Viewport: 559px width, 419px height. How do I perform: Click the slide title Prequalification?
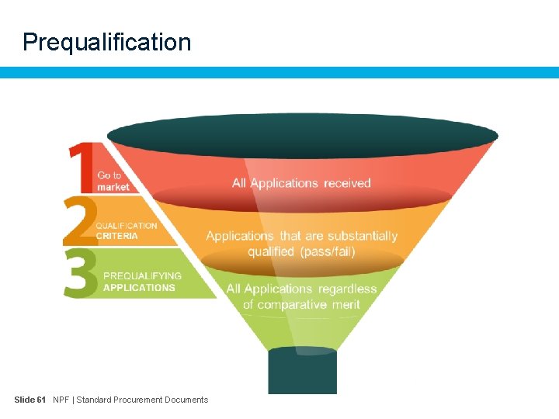106,42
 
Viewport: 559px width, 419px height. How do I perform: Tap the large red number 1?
80,167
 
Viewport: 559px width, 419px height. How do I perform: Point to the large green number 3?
81,272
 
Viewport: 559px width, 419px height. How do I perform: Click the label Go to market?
113,182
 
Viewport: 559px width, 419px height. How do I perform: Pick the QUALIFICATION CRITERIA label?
126,230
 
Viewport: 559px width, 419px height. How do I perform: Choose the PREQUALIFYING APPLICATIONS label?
141,281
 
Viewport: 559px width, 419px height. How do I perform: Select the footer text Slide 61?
30,400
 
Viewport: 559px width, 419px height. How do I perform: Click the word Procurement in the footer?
142,400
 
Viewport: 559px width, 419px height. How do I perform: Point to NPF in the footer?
61,400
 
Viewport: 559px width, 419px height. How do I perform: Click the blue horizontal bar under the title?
279,72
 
